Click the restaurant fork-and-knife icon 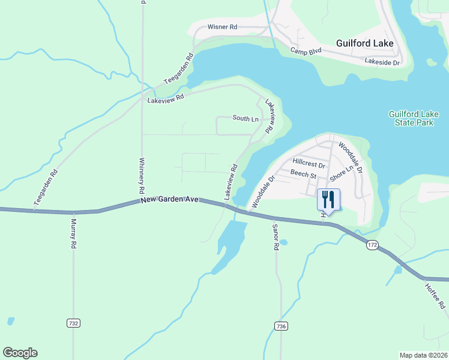[328, 199]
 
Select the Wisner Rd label [222, 28]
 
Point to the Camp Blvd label [306, 52]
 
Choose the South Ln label [246, 119]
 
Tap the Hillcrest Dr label [309, 163]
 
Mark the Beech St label [303, 175]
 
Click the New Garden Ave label [169, 200]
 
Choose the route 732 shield [73, 323]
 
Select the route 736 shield [280, 326]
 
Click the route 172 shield [372, 245]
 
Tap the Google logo [20, 353]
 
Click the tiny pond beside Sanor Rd [283, 243]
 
